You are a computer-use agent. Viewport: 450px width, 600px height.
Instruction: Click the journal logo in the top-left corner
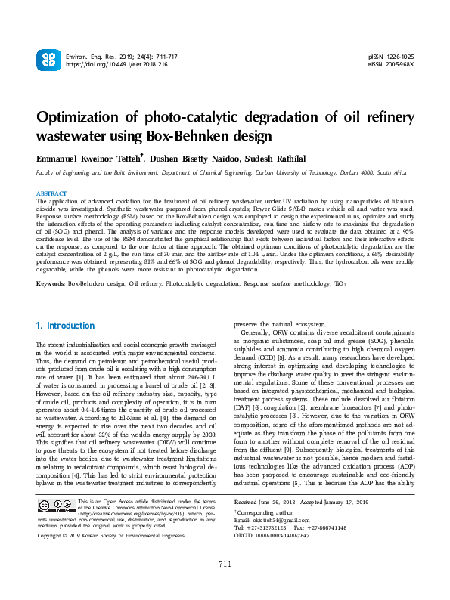(x=47, y=60)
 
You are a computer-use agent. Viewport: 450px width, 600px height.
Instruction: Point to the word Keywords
(x=51, y=283)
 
